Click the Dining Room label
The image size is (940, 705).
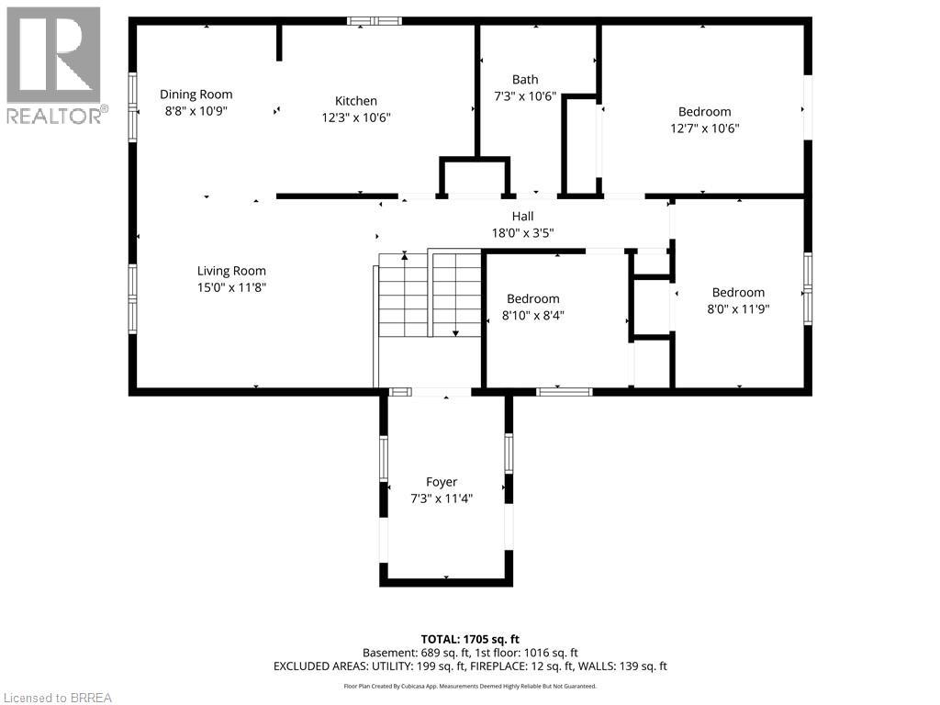click(196, 94)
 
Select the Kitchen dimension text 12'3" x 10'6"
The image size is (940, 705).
click(355, 117)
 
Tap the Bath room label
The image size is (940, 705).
click(525, 80)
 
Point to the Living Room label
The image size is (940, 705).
click(231, 271)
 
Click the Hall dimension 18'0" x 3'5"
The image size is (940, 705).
click(522, 233)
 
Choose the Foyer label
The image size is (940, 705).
click(442, 482)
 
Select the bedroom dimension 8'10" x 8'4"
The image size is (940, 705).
click(532, 316)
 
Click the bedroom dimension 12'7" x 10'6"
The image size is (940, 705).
click(704, 129)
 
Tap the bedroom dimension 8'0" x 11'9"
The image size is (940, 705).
click(737, 309)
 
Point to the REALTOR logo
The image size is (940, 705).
click(55, 64)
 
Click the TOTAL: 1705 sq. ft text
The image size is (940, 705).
click(469, 639)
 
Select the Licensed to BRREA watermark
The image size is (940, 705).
click(57, 697)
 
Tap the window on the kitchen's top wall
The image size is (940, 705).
click(375, 20)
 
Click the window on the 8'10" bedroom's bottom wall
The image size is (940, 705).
click(564, 392)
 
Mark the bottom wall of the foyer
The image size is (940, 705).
click(446, 581)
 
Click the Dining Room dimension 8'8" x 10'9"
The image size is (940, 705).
click(196, 110)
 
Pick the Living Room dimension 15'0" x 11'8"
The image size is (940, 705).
click(231, 287)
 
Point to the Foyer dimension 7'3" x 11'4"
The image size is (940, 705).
click(442, 498)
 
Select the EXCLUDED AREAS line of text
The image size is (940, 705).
click(469, 666)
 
